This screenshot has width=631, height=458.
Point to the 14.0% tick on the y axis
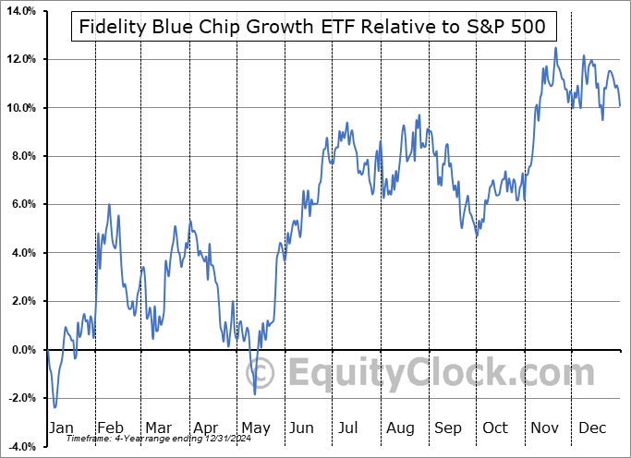tap(20, 11)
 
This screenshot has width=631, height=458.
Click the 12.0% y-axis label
tap(20, 60)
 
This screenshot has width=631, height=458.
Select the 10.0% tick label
tap(20, 108)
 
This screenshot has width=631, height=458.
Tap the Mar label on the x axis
tap(157, 428)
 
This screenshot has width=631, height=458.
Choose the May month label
tap(255, 428)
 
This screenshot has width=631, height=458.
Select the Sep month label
tap(449, 428)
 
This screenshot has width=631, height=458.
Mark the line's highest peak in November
tap(555, 48)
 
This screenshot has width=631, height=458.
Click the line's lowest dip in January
tap(55, 406)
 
